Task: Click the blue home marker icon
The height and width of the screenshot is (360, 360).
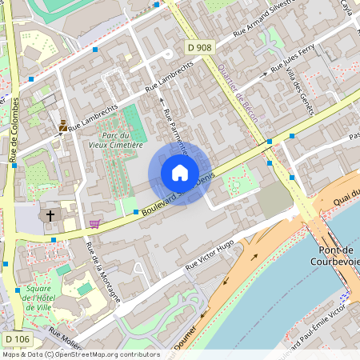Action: click(180, 172)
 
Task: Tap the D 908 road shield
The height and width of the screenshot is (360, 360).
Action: click(200, 48)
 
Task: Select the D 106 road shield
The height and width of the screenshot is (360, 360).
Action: click(17, 340)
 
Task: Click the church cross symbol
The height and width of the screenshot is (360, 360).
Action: click(50, 215)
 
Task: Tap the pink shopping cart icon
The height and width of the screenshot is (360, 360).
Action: click(95, 223)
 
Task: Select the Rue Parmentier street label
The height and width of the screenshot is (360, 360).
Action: click(176, 128)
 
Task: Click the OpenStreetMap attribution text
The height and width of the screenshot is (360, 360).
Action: click(81, 354)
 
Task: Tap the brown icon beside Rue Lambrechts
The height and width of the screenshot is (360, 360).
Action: click(62, 126)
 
